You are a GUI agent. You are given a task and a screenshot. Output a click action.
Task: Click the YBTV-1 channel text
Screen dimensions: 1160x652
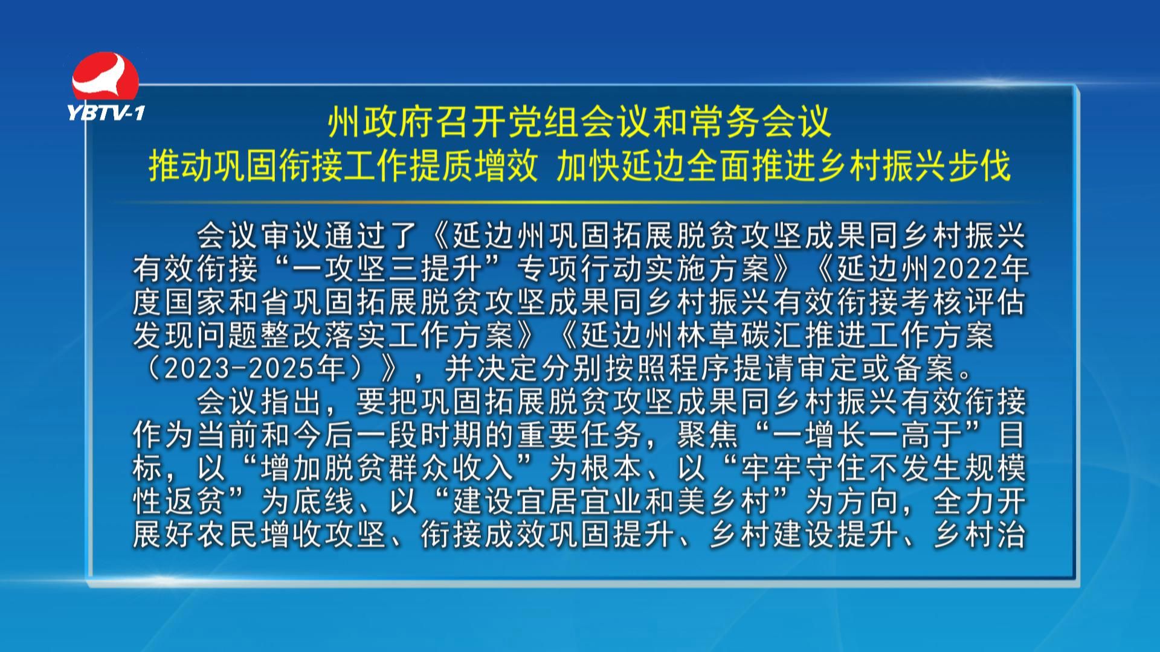106,112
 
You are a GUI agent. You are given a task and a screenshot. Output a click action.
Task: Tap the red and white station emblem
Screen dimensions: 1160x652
106,77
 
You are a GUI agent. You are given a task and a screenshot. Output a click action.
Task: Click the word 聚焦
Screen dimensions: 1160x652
707,435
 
